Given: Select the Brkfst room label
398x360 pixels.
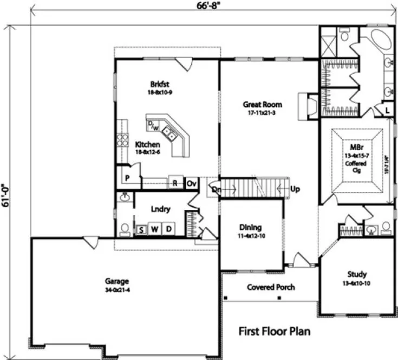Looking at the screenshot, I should tap(160, 85).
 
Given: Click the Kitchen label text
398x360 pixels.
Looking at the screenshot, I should tap(147, 145).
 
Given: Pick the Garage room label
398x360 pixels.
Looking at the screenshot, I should tap(117, 281).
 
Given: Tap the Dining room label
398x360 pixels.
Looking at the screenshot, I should tap(251, 228).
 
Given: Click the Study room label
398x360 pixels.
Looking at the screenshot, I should tap(357, 274).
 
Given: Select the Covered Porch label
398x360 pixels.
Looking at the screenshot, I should tap(271, 287).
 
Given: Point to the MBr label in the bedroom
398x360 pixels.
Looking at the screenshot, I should tap(356, 147).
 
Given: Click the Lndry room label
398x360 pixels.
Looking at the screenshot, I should tap(161, 209).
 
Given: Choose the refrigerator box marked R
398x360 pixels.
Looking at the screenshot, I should tap(176, 183).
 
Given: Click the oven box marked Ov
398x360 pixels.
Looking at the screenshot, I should tap(191, 183).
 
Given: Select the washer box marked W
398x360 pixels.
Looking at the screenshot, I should tap(154, 229).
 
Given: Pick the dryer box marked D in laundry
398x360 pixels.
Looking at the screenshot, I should tap(168, 229).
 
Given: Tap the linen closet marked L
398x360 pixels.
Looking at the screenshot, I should tap(388, 110).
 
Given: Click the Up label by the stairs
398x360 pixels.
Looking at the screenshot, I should tap(296, 190).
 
